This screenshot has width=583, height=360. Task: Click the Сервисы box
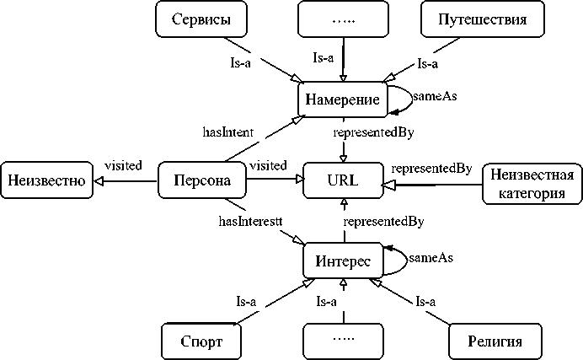point(197,20)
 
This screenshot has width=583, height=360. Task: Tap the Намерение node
point(342,99)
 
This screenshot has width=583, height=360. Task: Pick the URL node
point(343,180)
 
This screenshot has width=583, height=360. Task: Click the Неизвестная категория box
point(532,184)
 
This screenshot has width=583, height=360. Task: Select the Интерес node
point(342,261)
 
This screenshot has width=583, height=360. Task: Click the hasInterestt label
point(250,221)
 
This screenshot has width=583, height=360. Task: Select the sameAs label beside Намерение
point(439,96)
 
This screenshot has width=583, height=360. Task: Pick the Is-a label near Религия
point(426,301)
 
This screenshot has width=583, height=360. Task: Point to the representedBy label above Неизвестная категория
point(431,167)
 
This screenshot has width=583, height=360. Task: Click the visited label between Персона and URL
point(268,165)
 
